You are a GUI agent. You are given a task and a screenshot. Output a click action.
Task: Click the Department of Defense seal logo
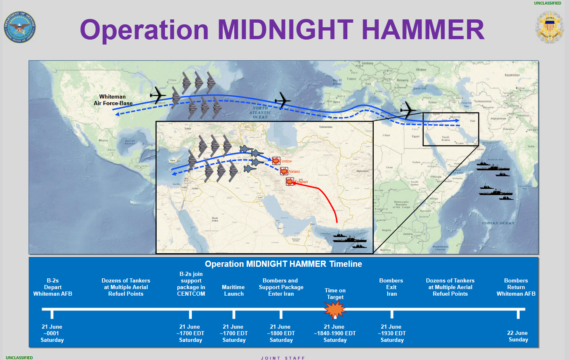[x=19, y=27]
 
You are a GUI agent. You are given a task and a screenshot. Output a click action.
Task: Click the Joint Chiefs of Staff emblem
[x=549, y=27]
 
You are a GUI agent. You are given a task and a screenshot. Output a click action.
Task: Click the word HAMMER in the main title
[x=423, y=30]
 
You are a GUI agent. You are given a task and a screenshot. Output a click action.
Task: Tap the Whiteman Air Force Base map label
[x=113, y=100]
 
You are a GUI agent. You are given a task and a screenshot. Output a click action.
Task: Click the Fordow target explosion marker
[x=276, y=161]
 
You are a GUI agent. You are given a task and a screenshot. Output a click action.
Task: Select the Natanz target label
[x=294, y=172]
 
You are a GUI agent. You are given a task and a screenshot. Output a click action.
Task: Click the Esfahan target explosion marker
[x=290, y=181]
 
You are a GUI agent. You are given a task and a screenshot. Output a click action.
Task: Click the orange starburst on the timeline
[x=334, y=310]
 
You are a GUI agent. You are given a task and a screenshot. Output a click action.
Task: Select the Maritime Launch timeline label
[x=233, y=290]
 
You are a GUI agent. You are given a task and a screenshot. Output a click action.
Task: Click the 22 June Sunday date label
[x=518, y=336]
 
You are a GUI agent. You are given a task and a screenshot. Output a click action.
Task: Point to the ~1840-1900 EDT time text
[x=335, y=333]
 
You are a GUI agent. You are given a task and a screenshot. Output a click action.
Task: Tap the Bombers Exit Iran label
[x=391, y=287]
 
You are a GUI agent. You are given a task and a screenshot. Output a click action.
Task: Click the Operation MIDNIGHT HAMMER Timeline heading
[x=283, y=264]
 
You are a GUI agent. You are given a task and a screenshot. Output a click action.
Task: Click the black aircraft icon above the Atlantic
[x=283, y=100]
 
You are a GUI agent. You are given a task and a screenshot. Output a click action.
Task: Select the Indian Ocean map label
[x=498, y=223]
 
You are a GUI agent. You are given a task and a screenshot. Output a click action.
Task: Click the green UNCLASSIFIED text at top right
[x=547, y=3]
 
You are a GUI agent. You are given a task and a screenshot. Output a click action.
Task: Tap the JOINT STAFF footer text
[x=283, y=358]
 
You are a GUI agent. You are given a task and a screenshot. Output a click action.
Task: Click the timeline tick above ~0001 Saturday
[x=52, y=314]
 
